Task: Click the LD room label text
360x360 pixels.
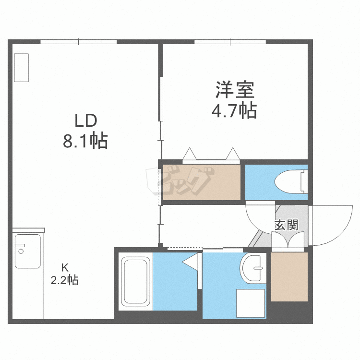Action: pos(85,120)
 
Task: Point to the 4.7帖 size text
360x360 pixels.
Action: pos(234,111)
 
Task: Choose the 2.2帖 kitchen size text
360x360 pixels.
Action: pos(64,280)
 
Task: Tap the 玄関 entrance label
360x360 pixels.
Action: pos(287,224)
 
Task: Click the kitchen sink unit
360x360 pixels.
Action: pos(28,251)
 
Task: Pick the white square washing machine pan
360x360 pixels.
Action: pos(250,303)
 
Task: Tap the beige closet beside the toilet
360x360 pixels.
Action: pos(201,182)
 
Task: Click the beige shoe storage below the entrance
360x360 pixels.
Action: pos(289,276)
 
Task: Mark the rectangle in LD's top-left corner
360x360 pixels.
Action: pos(21,68)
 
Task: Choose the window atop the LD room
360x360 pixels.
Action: pos(79,42)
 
